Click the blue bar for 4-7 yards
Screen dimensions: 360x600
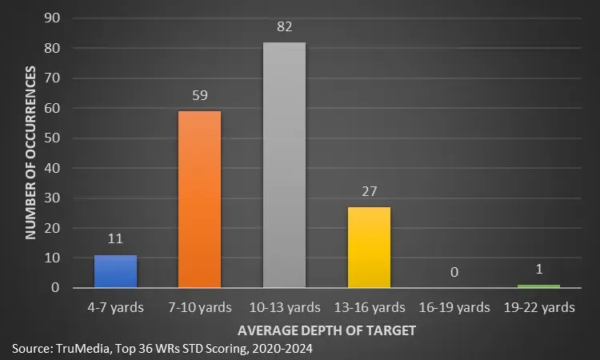[x=116, y=271]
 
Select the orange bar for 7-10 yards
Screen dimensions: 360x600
[x=200, y=199]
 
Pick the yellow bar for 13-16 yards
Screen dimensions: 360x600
[x=370, y=247]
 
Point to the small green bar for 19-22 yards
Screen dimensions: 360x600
[x=538, y=286]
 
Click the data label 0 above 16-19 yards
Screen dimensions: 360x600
[x=454, y=273]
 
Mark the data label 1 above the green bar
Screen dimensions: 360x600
[x=538, y=270]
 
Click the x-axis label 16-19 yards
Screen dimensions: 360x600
[x=454, y=306]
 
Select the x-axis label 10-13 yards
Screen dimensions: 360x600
[x=285, y=306]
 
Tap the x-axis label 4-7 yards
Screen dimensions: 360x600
[x=116, y=306]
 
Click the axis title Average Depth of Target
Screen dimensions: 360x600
[x=326, y=329]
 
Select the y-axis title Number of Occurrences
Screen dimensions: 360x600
[x=31, y=153]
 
